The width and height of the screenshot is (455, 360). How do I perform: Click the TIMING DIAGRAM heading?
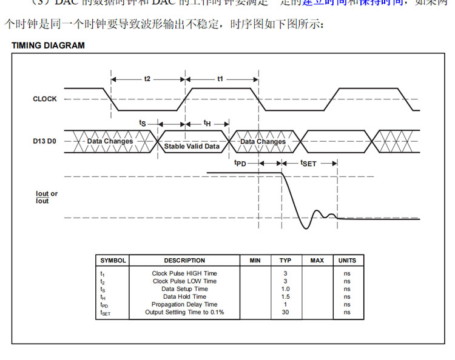click(x=48, y=45)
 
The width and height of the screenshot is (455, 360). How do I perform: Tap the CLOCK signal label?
click(x=45, y=99)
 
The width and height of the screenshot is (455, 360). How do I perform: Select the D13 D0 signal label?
click(x=44, y=141)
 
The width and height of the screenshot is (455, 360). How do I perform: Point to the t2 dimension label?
click(x=147, y=79)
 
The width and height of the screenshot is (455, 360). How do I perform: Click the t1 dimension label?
click(x=220, y=79)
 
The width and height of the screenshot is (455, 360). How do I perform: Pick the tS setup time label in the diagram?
click(x=143, y=123)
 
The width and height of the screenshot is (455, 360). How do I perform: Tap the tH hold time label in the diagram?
click(x=207, y=123)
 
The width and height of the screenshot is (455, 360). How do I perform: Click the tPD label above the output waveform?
click(x=240, y=163)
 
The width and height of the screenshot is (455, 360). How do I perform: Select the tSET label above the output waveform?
click(x=309, y=163)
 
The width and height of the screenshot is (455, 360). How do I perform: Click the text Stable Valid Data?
click(x=192, y=146)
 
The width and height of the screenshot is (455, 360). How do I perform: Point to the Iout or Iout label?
click(x=47, y=197)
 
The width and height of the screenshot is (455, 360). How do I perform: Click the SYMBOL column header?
click(x=113, y=261)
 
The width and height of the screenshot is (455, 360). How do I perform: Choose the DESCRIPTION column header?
click(x=184, y=261)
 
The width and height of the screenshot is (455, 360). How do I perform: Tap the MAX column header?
click(x=317, y=261)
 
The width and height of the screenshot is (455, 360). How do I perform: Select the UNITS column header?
click(x=347, y=261)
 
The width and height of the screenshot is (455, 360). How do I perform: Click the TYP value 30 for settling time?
click(x=285, y=313)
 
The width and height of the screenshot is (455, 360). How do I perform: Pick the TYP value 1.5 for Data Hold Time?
click(x=285, y=297)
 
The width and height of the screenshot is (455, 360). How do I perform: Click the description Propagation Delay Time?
click(x=184, y=305)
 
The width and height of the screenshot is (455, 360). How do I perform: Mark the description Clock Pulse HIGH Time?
click(x=184, y=273)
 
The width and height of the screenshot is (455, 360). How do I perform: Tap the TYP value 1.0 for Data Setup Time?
click(x=285, y=289)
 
